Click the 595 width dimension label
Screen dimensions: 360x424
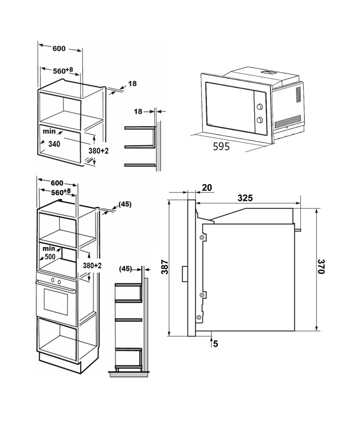(221, 146)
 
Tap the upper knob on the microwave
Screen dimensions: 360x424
(260, 106)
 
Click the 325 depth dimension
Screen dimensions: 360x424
(245, 198)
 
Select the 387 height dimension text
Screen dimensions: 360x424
(165, 267)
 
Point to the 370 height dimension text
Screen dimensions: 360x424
(321, 267)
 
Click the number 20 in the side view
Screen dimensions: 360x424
(207, 187)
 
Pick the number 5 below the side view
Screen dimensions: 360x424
(216, 344)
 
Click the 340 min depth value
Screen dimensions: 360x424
(54, 144)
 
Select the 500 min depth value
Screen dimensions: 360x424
(50, 256)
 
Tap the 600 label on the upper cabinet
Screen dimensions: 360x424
(59, 49)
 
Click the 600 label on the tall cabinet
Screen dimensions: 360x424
(57, 183)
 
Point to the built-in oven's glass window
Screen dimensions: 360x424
(56, 299)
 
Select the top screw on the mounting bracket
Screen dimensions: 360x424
(202, 238)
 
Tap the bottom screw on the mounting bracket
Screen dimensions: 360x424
(199, 317)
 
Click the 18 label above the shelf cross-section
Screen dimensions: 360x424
(138, 111)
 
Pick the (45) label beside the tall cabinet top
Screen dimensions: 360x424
(125, 205)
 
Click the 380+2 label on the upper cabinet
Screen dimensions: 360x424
(99, 151)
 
